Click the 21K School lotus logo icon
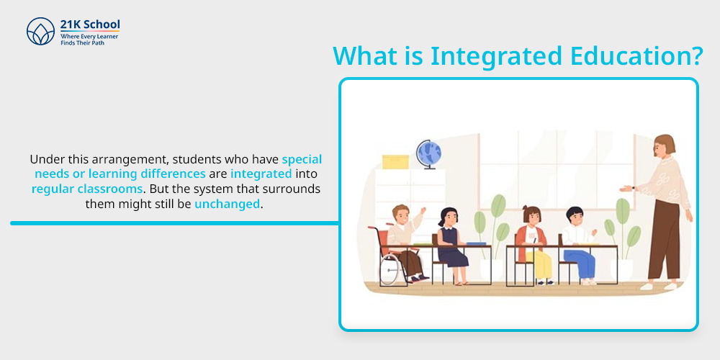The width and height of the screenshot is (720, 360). (x=40, y=31)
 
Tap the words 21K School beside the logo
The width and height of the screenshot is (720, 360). (x=90, y=24)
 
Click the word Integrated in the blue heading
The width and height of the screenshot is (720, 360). (x=496, y=56)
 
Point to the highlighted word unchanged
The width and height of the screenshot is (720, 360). (x=228, y=204)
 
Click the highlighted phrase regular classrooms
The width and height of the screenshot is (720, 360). (x=87, y=189)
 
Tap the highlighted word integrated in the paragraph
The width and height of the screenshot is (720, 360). (x=261, y=174)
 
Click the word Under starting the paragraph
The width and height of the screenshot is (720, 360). (x=43, y=159)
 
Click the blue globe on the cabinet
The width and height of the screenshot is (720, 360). (x=429, y=153)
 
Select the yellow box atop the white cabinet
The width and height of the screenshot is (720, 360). (x=395, y=161)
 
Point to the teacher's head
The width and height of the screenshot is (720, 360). (x=665, y=146)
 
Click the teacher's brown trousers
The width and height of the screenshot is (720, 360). (x=663, y=239)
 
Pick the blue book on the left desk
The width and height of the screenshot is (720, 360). (x=476, y=243)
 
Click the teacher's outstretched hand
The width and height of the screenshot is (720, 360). (x=626, y=188)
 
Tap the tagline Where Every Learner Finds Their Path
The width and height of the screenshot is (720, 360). (x=89, y=39)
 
